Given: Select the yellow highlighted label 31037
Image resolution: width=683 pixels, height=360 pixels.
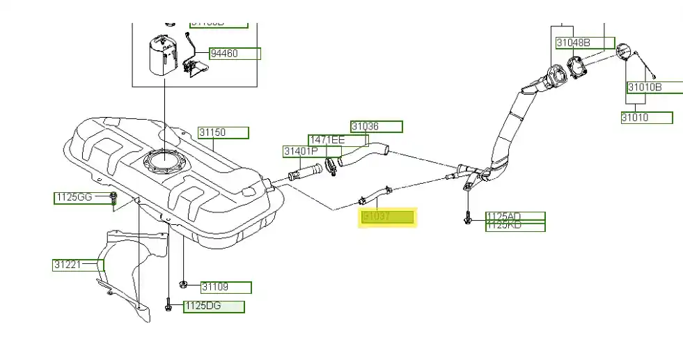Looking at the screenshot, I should [387, 217].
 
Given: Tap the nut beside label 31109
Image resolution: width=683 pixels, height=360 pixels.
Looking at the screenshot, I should [183, 284].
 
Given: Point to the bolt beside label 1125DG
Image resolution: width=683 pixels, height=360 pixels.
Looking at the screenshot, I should [169, 306].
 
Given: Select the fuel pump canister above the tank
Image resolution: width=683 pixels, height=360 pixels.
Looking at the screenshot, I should [164, 54].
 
